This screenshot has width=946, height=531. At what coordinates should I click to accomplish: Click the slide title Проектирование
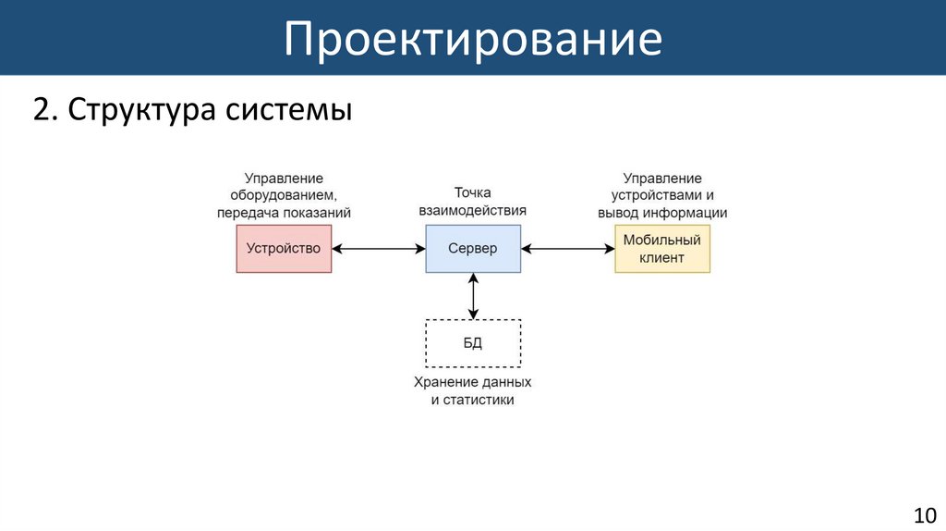tap(472, 39)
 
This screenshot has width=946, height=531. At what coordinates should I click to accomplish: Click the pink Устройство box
tap(284, 248)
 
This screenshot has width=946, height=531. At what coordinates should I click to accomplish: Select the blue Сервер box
tap(472, 248)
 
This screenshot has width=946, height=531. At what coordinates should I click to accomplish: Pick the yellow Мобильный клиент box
tap(662, 248)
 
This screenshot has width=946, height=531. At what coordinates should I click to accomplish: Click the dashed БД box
tap(472, 343)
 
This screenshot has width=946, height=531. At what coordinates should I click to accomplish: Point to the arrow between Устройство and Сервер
tap(378, 248)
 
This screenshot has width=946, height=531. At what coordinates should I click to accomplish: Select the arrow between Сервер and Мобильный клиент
tap(567, 248)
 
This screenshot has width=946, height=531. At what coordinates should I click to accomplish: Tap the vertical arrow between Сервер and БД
tap(473, 296)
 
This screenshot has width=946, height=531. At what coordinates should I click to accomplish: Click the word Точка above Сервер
tap(472, 193)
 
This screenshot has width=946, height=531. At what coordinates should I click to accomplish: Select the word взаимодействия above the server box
tap(472, 210)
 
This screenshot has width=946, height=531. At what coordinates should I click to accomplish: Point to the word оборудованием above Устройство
tap(284, 195)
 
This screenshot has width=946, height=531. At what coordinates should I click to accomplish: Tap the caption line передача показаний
tap(284, 213)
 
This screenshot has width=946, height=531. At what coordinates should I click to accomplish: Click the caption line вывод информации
tap(662, 213)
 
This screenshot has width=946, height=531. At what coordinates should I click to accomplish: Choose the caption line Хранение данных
tap(472, 382)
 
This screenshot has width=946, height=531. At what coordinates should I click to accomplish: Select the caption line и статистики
tap(472, 400)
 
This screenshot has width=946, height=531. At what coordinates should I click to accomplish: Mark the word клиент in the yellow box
tap(662, 257)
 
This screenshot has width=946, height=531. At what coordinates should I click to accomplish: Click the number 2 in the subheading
tap(40, 110)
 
